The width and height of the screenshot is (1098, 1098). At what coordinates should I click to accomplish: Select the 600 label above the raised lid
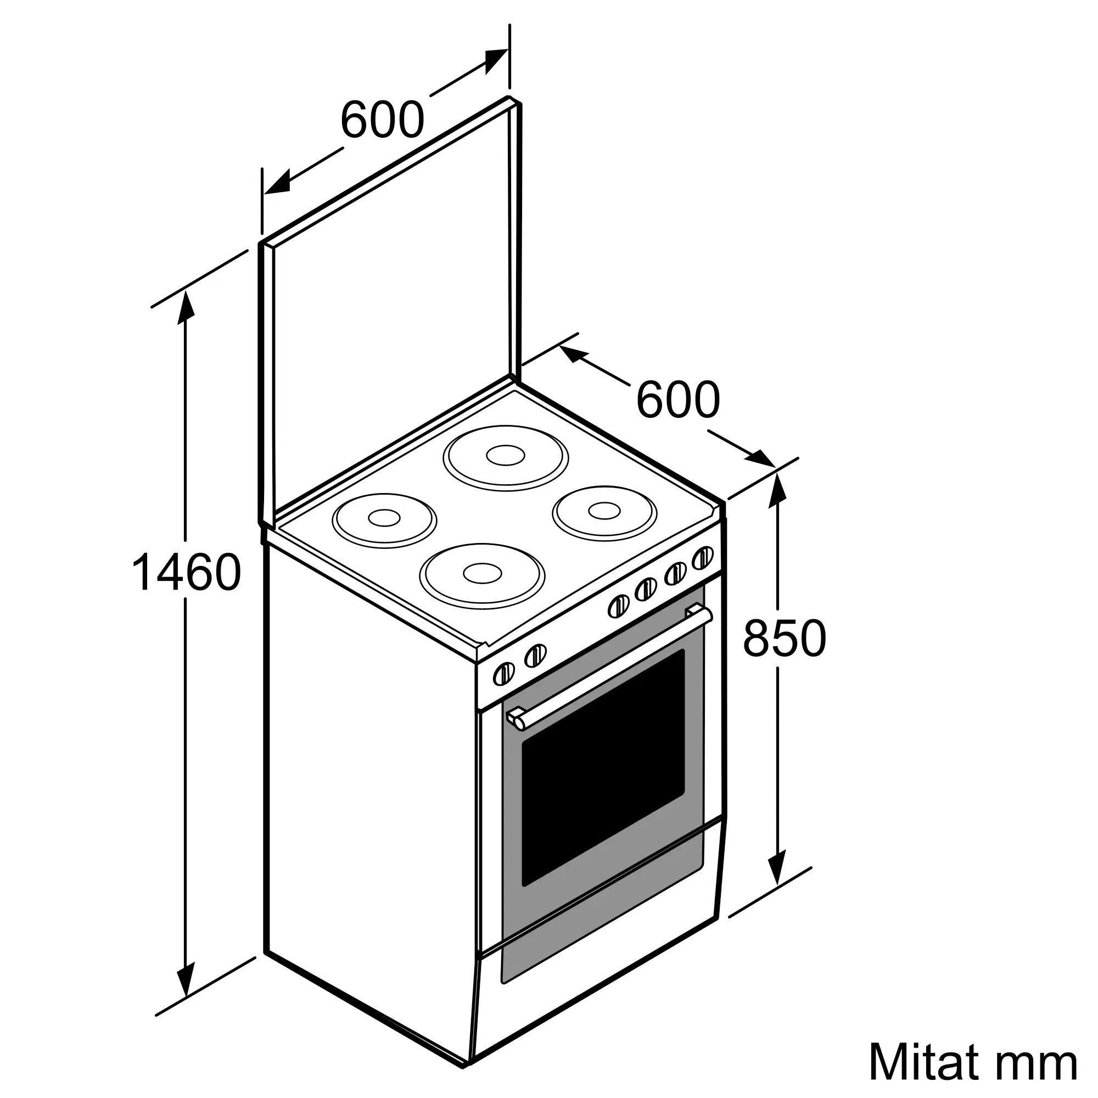382,119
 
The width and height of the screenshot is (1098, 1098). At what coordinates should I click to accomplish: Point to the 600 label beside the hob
677,400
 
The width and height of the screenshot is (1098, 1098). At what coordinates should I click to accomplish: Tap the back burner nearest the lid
505,457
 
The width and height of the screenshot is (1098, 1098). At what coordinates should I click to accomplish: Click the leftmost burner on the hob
384,519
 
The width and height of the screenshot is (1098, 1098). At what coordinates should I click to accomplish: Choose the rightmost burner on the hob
604,512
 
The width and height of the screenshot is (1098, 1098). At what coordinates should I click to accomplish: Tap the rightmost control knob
703,557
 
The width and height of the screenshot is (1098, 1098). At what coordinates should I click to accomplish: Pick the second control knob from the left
535,656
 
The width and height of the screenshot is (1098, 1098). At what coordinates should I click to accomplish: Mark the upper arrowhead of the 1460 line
187,307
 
